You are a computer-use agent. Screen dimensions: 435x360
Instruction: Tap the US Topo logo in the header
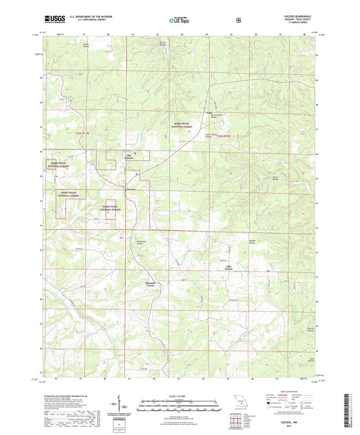180,20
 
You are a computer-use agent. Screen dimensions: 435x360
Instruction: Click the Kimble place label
209,113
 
